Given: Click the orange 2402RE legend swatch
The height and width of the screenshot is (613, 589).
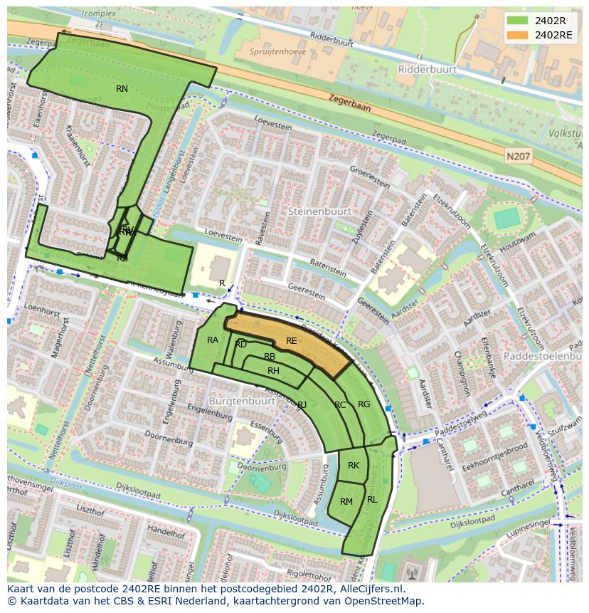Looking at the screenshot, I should [x=517, y=34].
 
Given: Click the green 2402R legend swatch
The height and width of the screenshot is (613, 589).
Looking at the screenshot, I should [x=517, y=21].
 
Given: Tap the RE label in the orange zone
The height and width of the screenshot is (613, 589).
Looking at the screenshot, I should [x=291, y=341].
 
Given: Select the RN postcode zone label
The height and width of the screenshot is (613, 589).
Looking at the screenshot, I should [x=122, y=88].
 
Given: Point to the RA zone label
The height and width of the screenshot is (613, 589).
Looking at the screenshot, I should [x=213, y=340].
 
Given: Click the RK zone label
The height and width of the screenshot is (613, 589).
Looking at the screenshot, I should [x=354, y=466].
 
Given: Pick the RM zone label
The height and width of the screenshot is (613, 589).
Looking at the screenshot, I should [x=346, y=502].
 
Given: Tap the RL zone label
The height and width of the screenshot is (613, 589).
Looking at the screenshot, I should [x=372, y=500].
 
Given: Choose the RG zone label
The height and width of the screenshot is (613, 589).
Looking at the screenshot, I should [x=364, y=404].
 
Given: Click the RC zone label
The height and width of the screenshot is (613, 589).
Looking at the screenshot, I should [x=340, y=405].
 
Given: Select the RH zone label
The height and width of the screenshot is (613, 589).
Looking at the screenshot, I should [x=273, y=371].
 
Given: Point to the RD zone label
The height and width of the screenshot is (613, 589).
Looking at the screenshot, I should [x=241, y=345].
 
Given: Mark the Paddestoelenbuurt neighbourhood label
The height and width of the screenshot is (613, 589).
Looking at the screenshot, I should [x=543, y=355].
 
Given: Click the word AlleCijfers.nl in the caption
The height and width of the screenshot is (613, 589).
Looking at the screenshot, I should [x=369, y=589].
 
